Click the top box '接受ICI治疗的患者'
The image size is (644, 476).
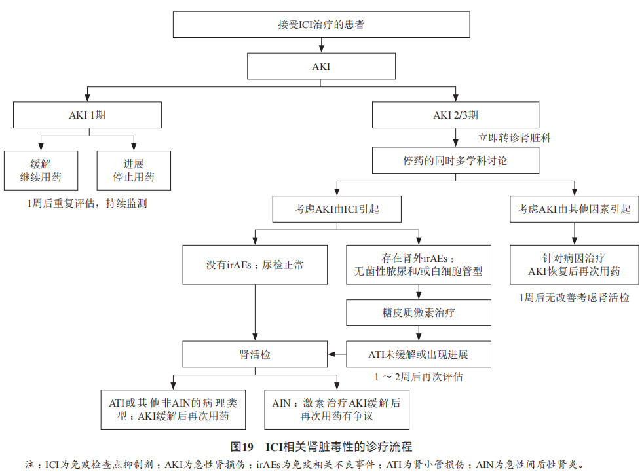(321, 25)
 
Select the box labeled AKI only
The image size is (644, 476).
(321, 67)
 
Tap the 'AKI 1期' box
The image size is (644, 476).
(87, 115)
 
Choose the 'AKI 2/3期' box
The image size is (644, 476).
(455, 115)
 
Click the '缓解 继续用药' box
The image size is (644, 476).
(41, 170)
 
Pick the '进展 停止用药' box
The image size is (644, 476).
(134, 170)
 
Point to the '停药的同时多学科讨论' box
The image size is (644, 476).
(455, 160)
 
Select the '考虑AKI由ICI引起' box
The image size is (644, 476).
(337, 210)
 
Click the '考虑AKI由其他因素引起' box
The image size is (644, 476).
(575, 210)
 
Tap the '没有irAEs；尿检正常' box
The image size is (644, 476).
(255, 265)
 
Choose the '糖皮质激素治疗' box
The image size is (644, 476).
(419, 312)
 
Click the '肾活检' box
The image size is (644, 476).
(255, 354)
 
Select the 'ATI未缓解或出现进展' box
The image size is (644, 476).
(419, 354)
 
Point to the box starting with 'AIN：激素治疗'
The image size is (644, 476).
(336, 409)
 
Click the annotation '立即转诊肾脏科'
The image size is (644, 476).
(514, 137)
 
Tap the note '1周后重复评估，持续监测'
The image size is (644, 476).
(87, 203)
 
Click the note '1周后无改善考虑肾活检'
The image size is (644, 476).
(574, 297)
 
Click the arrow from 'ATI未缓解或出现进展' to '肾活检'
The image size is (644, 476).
(337, 354)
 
